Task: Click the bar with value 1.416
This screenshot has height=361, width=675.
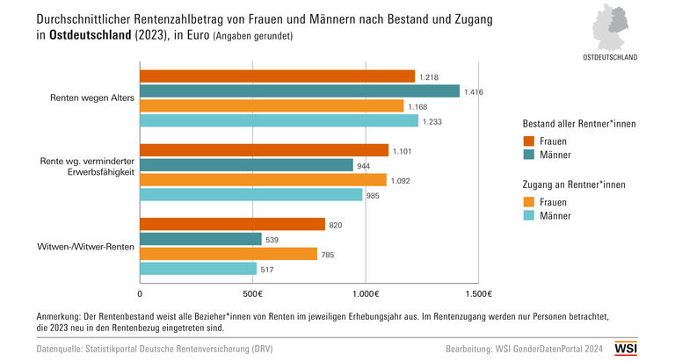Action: (300, 90)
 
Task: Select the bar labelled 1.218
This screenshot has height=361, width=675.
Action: (277, 76)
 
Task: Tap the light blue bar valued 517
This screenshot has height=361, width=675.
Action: (199, 269)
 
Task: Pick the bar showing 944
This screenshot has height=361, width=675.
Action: (246, 165)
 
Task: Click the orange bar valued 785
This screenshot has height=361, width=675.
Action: (229, 254)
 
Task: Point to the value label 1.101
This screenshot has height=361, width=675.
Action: (403, 150)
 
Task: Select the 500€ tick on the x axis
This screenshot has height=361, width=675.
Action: (253, 292)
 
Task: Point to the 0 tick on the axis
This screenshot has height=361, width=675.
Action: (141, 292)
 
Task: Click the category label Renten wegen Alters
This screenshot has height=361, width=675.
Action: (92, 97)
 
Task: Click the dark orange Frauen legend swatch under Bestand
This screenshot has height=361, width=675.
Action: (529, 141)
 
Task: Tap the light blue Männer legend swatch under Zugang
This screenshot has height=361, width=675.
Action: (529, 215)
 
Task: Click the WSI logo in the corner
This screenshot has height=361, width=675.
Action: (650, 348)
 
